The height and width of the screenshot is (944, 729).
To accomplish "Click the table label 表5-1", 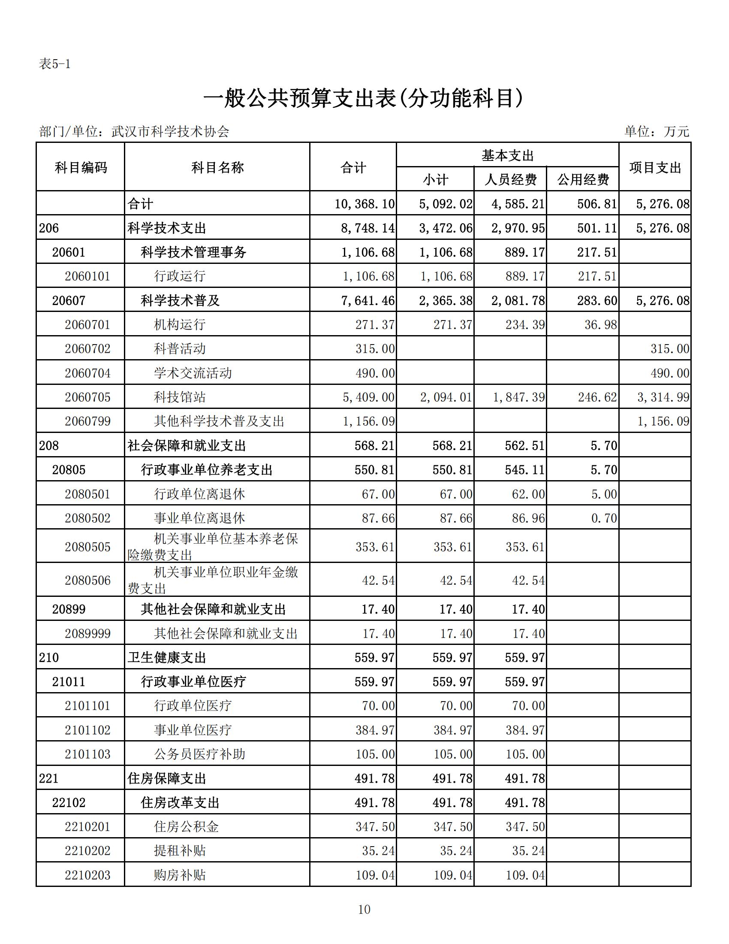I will click(54, 64).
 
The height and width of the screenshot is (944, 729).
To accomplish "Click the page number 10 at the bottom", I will click(364, 909).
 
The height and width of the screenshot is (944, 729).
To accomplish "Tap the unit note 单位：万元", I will click(657, 131).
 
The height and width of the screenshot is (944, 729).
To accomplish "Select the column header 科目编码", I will click(81, 167).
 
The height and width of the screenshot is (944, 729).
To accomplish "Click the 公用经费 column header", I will click(583, 179).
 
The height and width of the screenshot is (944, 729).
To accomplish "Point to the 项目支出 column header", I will click(655, 167).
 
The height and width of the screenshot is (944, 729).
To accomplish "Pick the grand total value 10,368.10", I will click(364, 204).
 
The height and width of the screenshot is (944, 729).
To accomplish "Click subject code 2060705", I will click(87, 397).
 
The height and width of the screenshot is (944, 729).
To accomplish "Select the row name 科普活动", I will click(180, 349).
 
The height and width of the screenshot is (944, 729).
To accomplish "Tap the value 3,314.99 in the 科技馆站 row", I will click(663, 397).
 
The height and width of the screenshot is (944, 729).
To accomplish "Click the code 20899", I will click(69, 609).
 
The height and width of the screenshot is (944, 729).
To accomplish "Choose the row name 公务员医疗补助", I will click(199, 754).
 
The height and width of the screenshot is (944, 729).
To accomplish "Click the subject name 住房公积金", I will click(186, 827).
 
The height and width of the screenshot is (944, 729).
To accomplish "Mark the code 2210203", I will click(87, 875).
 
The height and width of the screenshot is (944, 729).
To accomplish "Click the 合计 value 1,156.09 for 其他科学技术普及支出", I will click(368, 421).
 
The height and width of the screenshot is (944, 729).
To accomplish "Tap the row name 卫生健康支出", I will click(167, 658).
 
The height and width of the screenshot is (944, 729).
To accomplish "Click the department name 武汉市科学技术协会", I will click(170, 131).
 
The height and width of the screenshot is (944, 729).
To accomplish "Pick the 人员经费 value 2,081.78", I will click(518, 300).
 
